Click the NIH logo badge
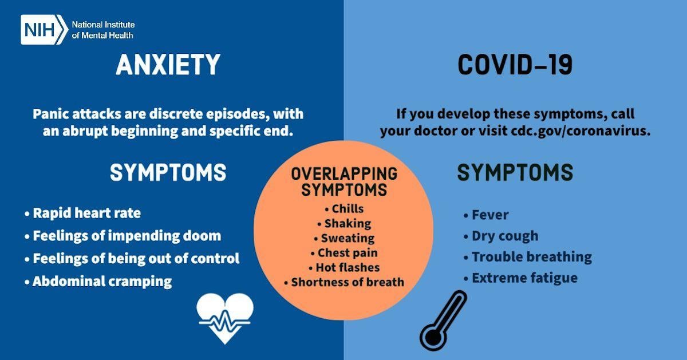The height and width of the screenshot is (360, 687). (44, 30)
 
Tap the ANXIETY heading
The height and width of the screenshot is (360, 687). (168, 65)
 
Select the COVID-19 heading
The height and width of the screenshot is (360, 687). (515, 65)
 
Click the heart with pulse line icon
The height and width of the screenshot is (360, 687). (224, 318)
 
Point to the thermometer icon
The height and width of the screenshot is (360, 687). (443, 321)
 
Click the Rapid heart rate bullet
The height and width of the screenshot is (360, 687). (86, 213)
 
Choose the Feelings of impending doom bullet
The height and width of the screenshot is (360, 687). (126, 236)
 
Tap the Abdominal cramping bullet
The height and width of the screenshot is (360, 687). (101, 282)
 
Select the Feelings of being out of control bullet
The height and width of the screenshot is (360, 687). (135, 259)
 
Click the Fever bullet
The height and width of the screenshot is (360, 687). (489, 215)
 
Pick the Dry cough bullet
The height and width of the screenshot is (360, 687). (504, 236)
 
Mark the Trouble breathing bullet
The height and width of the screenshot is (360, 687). (531, 257)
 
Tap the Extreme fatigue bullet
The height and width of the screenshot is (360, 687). (524, 278)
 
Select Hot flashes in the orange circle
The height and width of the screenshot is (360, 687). (348, 267)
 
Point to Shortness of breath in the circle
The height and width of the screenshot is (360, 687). (347, 282)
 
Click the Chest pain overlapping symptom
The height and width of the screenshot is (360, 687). (348, 252)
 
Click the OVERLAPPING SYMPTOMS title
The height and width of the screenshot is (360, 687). (343, 181)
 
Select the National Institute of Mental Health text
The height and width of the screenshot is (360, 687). (103, 30)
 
